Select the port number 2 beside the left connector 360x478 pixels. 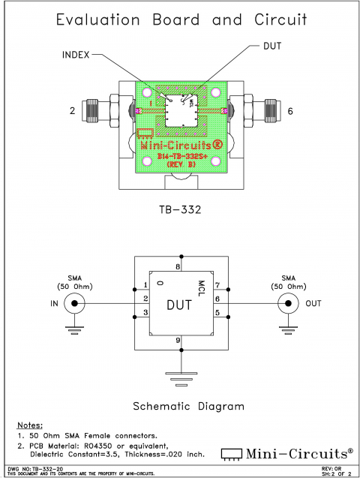pyautogui.click(x=73, y=112)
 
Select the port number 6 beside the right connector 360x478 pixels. pyautogui.click(x=290, y=112)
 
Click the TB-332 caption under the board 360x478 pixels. pyautogui.click(x=181, y=210)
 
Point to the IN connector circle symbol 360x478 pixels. pyautogui.click(x=73, y=303)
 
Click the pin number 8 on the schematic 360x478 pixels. pyautogui.click(x=178, y=266)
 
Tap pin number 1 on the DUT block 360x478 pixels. pyautogui.click(x=145, y=286)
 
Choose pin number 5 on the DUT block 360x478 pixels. pyautogui.click(x=216, y=312)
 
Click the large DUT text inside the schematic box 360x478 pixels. pyautogui.click(x=180, y=305)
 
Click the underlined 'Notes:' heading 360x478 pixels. pyautogui.click(x=30, y=425)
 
